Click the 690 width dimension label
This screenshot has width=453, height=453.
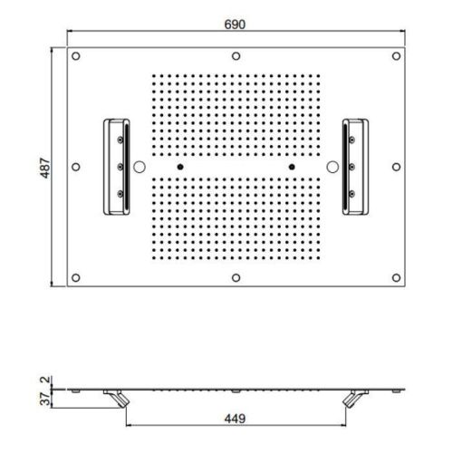235,24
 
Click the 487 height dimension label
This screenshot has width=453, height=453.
45,168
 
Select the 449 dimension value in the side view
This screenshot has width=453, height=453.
235,419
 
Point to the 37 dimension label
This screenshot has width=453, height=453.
45,399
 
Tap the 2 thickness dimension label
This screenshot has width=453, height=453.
45,381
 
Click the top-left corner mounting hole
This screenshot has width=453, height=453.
76,56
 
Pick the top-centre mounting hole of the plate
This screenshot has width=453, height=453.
236,56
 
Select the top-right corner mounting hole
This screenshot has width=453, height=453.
396,56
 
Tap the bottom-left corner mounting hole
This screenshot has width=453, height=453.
76,277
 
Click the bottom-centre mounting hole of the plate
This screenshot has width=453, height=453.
236,277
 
